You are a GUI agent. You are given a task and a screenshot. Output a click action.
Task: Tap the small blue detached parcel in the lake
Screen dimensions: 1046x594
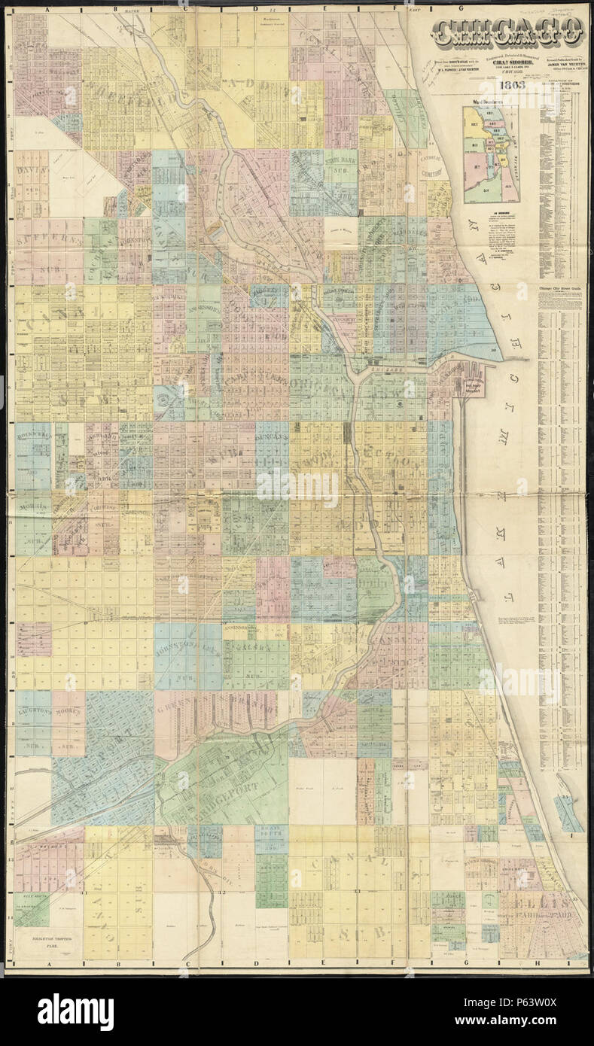click(x=568, y=813)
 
